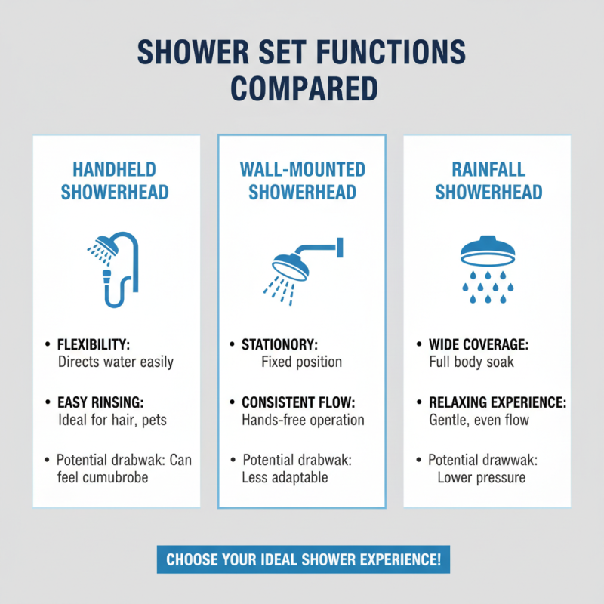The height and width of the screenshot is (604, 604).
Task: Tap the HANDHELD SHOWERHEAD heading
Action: pyautogui.click(x=115, y=181)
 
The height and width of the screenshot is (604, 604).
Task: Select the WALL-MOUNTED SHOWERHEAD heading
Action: pyautogui.click(x=302, y=181)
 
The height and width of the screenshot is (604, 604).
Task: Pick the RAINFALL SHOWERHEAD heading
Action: pyautogui.click(x=488, y=181)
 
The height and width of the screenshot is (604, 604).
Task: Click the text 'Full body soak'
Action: pyautogui.click(x=471, y=362)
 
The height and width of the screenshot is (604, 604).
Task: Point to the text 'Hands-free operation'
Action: pyautogui.click(x=303, y=420)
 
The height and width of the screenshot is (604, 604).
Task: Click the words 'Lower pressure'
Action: pyautogui.click(x=481, y=478)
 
